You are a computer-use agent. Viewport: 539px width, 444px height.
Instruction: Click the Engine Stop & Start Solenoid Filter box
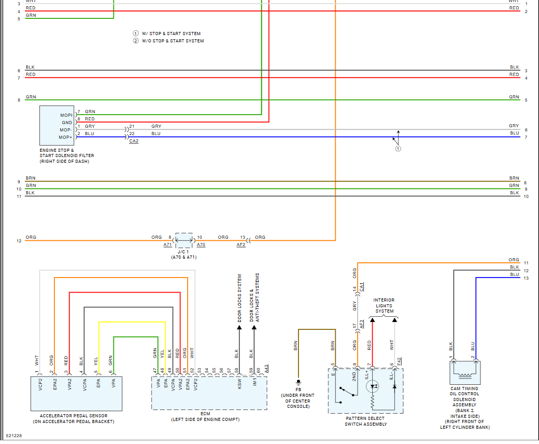(x=56, y=125)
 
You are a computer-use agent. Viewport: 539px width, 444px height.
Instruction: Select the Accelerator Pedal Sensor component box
(x=76, y=394)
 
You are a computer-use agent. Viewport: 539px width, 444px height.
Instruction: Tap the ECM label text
(x=205, y=414)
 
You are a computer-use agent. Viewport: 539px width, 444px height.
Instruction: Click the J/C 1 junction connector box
(x=184, y=240)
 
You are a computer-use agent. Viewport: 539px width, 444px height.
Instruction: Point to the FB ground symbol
(x=299, y=382)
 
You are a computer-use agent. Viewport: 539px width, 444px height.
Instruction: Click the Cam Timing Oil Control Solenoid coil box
(x=465, y=372)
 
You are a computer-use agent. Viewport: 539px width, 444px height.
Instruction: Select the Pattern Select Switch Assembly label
(x=365, y=421)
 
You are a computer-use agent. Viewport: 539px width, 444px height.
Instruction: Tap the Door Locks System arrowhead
(x=239, y=327)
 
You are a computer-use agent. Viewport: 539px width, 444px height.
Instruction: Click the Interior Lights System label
(x=384, y=306)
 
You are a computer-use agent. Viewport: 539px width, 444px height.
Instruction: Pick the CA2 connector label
(x=134, y=141)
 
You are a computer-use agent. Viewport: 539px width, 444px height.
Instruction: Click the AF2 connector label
(x=241, y=245)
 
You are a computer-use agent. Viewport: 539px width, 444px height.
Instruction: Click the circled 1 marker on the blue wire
(x=398, y=149)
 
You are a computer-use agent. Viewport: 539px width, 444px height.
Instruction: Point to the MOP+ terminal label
(x=65, y=137)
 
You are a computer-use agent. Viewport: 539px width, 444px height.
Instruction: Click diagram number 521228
(x=14, y=436)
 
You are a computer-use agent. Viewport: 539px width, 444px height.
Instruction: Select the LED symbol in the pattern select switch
(x=373, y=386)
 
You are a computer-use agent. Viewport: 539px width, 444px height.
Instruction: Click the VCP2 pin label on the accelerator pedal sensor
(x=40, y=384)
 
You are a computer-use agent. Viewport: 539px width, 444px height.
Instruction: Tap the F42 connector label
(x=399, y=361)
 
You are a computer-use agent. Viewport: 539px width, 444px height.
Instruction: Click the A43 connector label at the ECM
(x=267, y=369)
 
